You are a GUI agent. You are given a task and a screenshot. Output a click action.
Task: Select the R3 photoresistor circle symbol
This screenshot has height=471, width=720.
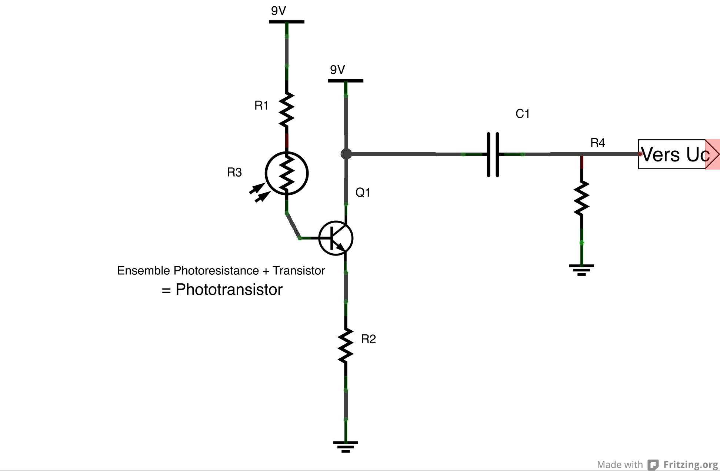tap(287, 173)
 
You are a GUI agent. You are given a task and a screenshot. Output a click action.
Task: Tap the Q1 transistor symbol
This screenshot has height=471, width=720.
tap(336, 238)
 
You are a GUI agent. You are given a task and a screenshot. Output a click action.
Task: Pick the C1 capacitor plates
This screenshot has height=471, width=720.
tap(493, 154)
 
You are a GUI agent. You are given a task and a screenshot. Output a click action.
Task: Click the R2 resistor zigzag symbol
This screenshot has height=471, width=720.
tap(346, 345)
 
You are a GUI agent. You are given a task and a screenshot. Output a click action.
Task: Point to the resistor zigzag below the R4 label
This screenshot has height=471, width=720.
tap(581, 198)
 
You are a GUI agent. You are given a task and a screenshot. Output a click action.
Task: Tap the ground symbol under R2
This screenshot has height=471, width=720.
tap(346, 446)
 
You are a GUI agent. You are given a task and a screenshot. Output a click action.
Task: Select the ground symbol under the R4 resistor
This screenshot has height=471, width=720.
tap(581, 270)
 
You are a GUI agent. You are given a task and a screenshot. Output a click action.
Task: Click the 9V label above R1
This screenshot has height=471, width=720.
tap(279, 11)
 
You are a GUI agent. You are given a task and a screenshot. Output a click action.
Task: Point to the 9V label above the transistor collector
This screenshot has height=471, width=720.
tap(337, 70)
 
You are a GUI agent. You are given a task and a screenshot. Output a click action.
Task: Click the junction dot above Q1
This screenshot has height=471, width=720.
tap(346, 154)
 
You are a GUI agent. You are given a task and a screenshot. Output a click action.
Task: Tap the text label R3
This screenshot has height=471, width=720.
tap(234, 172)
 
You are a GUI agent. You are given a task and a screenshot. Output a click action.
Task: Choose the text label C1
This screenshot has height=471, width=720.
tap(523, 114)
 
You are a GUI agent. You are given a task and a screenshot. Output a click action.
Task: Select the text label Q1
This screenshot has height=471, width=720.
tap(363, 193)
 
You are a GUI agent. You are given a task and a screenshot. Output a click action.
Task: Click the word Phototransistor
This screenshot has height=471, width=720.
tap(229, 290)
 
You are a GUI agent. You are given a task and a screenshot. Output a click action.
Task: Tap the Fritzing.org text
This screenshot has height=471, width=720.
tap(690, 464)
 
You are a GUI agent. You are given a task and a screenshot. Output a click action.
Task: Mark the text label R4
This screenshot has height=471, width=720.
tap(597, 143)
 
